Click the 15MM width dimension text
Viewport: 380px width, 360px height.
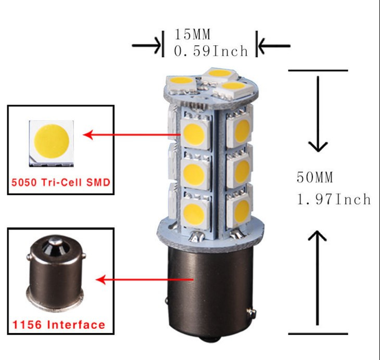point(192,34)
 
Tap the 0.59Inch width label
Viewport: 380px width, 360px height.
point(211,51)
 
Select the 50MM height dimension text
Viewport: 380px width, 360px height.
point(315,177)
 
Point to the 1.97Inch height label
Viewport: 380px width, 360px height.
point(334,199)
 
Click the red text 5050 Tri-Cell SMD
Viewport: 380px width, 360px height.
point(61,182)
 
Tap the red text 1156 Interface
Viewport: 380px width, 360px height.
point(59,325)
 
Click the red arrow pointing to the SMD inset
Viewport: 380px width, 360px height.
point(132,134)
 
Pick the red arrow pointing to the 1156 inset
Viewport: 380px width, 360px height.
point(145,279)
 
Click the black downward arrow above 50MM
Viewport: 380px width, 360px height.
point(318,114)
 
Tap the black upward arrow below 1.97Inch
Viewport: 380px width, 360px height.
point(317,278)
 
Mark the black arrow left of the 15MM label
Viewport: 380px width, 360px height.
point(146,46)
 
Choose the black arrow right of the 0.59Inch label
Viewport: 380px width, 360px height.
point(274,46)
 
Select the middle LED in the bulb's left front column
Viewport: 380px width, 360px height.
point(195,173)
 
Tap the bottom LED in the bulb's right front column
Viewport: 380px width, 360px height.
point(239,209)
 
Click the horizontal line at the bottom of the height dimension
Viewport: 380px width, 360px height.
point(318,333)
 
